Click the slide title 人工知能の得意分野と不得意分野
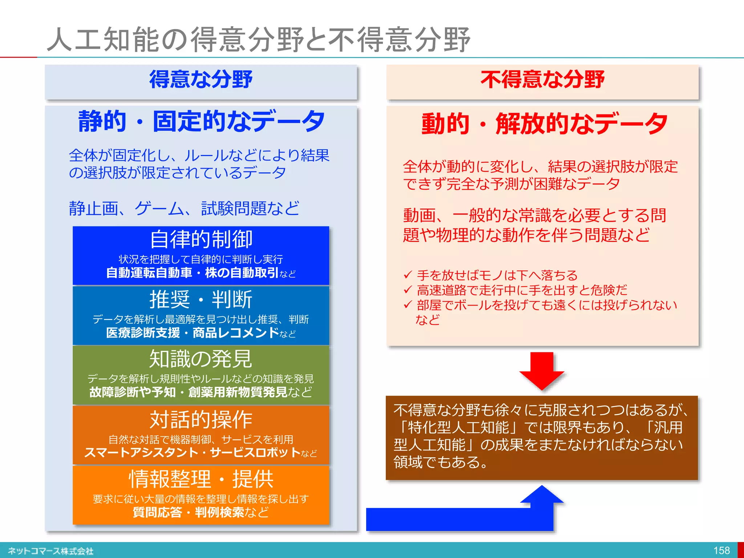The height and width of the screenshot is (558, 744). click(x=259, y=39)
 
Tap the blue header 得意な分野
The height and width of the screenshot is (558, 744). click(x=201, y=80)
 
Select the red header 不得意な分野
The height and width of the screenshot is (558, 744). click(x=542, y=80)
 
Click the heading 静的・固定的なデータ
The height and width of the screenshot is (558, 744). click(x=201, y=121)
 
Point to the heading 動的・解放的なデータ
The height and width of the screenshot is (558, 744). click(x=544, y=124)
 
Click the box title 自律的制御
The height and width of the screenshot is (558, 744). click(x=201, y=239)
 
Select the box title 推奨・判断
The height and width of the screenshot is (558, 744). click(x=201, y=299)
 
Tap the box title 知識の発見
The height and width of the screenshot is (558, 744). click(x=201, y=359)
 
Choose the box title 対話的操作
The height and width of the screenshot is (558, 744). click(x=201, y=420)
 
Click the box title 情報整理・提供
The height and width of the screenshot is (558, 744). click(x=201, y=479)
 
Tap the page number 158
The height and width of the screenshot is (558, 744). click(x=721, y=550)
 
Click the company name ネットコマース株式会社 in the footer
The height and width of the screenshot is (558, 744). click(x=51, y=551)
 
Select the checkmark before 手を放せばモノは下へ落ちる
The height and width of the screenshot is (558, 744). click(x=408, y=275)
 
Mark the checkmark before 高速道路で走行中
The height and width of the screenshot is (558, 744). click(x=408, y=290)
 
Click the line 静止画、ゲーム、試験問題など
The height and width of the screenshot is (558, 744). click(x=184, y=209)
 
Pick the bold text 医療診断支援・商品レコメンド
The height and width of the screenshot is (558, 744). click(x=193, y=333)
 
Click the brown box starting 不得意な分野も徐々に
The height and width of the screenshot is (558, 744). click(x=542, y=437)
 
